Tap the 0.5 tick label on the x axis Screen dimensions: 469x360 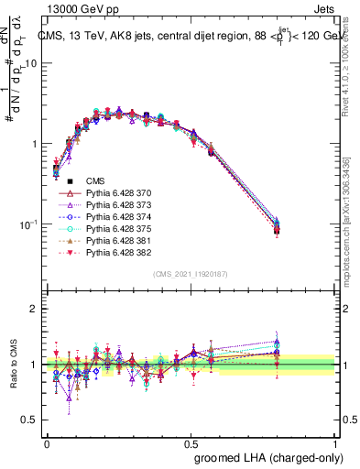tap(191, 442)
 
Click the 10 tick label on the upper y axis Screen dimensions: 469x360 tap(31, 64)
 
